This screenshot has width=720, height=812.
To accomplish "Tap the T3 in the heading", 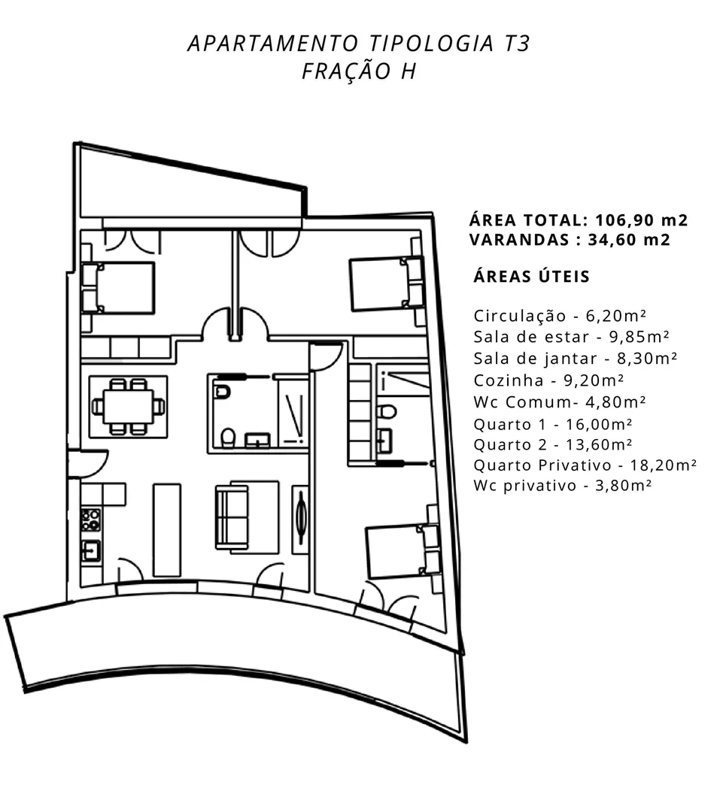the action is click(517, 44).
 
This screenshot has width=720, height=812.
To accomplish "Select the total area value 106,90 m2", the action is click(641, 220).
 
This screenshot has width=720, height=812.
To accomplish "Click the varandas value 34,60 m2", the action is click(629, 240).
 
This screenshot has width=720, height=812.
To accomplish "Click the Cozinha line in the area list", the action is click(548, 380).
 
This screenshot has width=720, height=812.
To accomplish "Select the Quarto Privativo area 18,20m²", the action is click(663, 465).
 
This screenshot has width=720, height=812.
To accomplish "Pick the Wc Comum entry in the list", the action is click(559, 401).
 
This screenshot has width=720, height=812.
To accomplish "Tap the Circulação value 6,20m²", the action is click(616, 315).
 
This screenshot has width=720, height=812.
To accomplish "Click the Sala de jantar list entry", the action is click(576, 359).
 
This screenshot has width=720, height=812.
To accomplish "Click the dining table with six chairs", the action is click(128, 407).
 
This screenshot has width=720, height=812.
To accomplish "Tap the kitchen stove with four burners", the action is click(91, 520).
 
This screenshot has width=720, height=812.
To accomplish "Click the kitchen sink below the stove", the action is click(91, 550).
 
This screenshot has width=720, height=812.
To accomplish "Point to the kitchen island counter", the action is click(167, 530).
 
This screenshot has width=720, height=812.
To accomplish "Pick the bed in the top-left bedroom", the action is click(118, 288).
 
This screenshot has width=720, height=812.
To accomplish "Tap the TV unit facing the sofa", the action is click(301, 520).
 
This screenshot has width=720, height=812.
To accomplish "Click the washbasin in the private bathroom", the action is click(384, 441).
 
